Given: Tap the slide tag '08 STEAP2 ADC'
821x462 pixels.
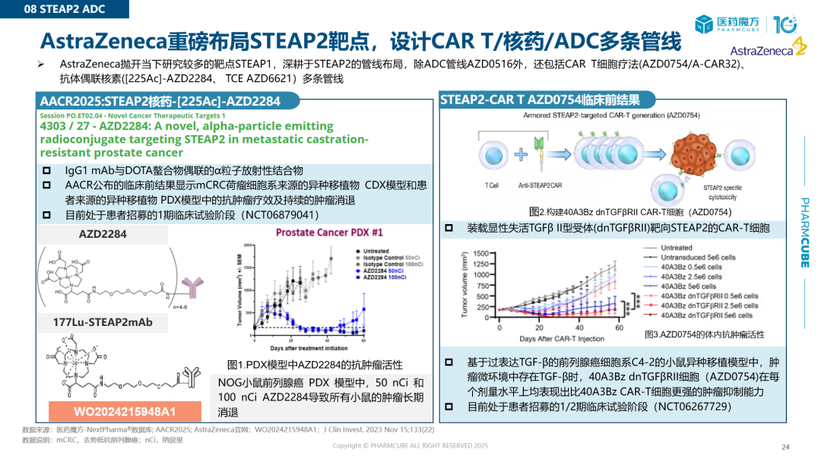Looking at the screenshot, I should [x=65, y=9].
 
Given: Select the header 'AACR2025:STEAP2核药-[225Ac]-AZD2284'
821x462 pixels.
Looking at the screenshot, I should [x=160, y=101].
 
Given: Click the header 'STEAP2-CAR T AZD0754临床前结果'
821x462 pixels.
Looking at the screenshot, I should [x=540, y=100].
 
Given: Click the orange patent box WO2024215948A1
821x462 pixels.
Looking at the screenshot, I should [x=125, y=412].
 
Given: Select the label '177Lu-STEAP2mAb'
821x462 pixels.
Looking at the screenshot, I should [x=103, y=322].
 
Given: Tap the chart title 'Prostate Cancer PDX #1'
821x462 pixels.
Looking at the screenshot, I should [x=329, y=232].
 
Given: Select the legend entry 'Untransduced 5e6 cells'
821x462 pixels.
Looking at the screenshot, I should [x=698, y=258].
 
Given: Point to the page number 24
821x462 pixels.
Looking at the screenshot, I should [x=785, y=447].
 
